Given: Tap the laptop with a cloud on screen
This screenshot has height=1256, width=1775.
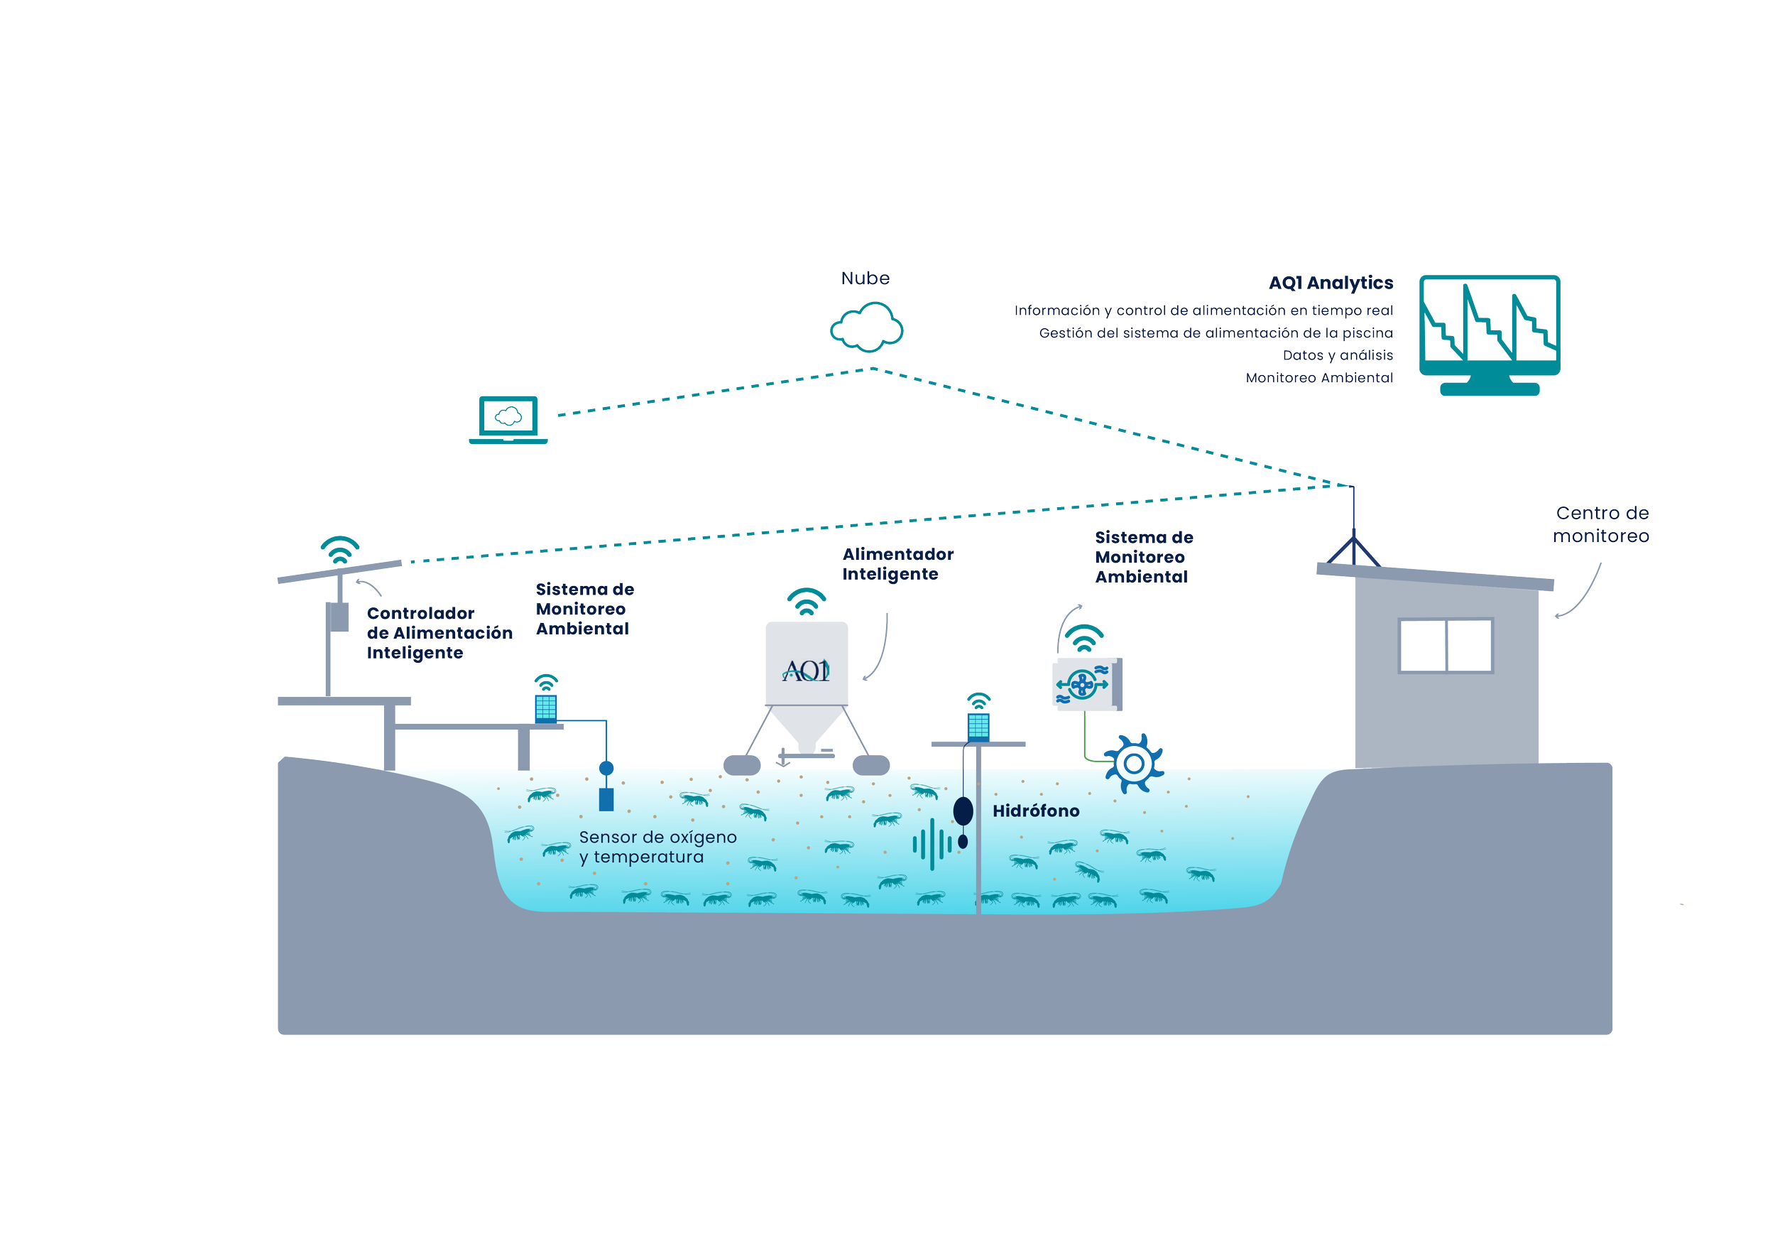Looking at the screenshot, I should point(508,421).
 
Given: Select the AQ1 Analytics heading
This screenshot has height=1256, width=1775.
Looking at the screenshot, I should point(1331,283).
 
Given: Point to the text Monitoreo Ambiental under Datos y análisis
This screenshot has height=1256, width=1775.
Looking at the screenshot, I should point(1319,378).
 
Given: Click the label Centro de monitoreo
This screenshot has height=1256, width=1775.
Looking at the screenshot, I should point(1601,524).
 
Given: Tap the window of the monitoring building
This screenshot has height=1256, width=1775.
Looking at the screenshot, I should point(1446,645).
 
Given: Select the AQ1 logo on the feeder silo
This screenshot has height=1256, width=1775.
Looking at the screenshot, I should point(807,671).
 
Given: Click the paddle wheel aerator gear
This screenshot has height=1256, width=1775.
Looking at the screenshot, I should point(1133,764).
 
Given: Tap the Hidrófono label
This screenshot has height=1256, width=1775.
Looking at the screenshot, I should point(1035,811).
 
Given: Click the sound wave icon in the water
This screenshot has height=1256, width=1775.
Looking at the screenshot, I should point(932,845).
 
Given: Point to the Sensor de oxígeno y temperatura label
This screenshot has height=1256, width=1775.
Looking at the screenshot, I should point(657,847).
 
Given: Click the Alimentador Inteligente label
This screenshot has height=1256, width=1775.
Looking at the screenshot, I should point(897,564).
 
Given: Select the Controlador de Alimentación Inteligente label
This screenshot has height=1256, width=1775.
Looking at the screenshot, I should point(438,633).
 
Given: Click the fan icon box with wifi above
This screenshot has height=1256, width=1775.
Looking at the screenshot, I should point(1086,684).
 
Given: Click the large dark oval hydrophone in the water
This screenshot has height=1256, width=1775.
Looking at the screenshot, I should point(963,811).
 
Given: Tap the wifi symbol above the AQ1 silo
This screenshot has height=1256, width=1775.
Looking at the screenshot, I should point(807,602).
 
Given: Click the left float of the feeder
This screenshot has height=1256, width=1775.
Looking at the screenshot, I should point(742,765).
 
